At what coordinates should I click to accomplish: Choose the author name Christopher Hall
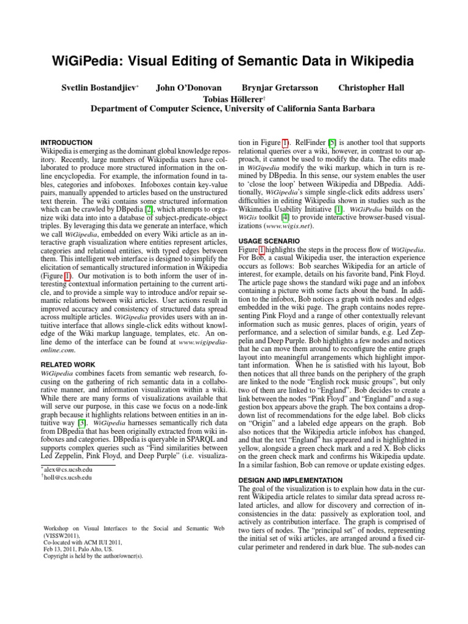point(371,88)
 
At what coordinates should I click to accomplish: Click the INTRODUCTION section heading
point(66,143)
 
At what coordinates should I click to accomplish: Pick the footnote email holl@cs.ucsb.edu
point(68,478)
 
